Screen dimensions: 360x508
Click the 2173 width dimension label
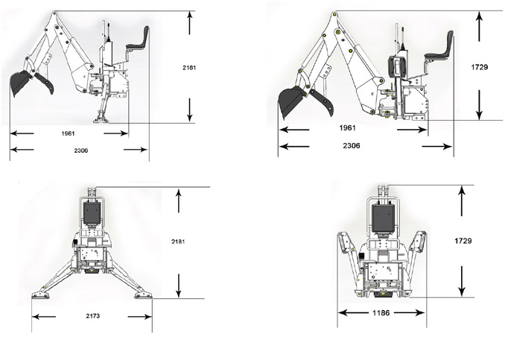[x=93, y=317]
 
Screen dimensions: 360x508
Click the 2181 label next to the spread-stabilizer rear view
[x=179, y=242]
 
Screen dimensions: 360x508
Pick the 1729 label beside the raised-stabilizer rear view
[x=463, y=241]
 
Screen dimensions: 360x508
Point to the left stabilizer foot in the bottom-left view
[x=38, y=294]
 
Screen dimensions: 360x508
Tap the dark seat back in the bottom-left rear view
[x=92, y=214]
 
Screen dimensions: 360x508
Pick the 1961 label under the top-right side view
[x=348, y=128]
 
